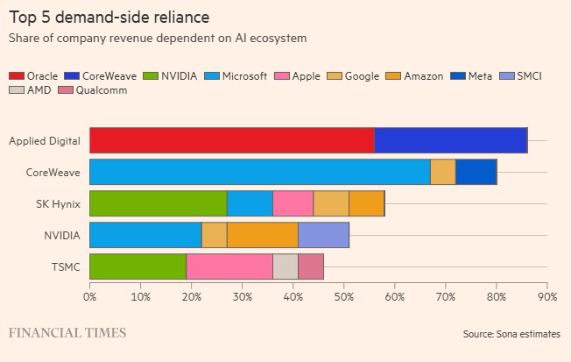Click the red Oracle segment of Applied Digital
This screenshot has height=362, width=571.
click(232, 140)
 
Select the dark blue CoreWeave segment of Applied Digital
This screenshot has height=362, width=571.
click(451, 140)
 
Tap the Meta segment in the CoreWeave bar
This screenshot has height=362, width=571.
click(476, 172)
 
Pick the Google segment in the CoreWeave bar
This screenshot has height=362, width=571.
click(443, 172)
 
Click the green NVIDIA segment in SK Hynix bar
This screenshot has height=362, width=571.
click(159, 203)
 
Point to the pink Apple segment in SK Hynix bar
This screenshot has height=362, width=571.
click(293, 203)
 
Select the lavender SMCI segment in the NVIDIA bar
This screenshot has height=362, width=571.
click(324, 235)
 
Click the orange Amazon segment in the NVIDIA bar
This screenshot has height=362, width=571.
click(263, 235)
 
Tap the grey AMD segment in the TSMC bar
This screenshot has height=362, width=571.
click(285, 266)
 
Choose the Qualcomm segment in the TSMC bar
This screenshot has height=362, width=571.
click(311, 266)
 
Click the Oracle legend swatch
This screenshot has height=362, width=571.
click(17, 76)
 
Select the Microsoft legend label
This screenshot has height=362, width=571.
click(244, 76)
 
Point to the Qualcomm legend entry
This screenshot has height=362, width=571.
click(93, 90)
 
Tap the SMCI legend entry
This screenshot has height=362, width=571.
click(521, 76)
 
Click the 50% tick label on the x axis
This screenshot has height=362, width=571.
click(344, 297)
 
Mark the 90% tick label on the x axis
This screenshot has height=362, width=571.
click(547, 297)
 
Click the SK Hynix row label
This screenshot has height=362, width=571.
click(58, 203)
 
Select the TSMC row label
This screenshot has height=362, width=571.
click(66, 266)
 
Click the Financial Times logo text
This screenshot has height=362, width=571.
click(67, 333)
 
